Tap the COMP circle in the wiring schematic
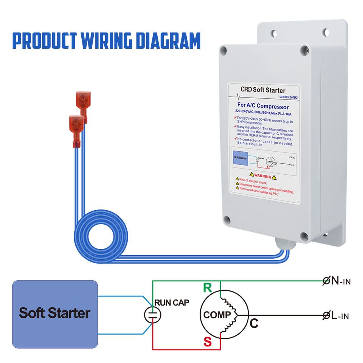(218, 315)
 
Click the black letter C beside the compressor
(254, 324)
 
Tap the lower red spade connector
(75, 127)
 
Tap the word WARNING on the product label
(258, 177)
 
